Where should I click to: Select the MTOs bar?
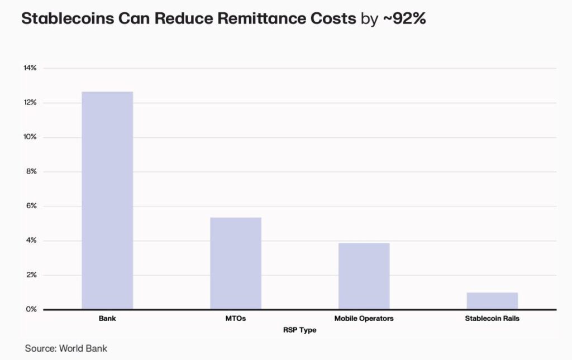pos(236,263)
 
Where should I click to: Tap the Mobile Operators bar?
pos(364,276)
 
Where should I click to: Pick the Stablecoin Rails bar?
pos(492,300)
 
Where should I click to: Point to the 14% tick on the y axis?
pos(30,68)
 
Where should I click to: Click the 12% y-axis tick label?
pos(30,103)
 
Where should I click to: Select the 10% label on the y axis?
pos(30,137)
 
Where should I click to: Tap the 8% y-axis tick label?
pos(31,172)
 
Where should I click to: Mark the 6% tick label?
pos(31,206)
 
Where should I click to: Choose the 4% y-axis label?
pos(31,241)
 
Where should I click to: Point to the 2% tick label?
pos(31,275)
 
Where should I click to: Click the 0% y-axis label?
pos(31,309)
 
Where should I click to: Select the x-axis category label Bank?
pos(107,319)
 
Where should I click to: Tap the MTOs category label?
pos(236,319)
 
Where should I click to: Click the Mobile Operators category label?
pos(364,319)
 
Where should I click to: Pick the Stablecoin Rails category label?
pos(492,319)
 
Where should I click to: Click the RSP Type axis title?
pos(299,330)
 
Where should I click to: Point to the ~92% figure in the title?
pos(404,19)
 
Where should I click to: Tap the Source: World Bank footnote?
pos(66,348)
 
